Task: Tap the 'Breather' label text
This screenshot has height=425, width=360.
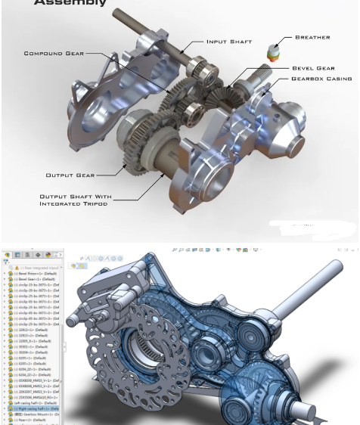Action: tap(312, 37)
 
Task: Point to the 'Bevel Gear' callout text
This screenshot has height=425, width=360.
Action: tap(313, 68)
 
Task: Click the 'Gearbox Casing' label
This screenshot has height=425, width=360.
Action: tap(321, 79)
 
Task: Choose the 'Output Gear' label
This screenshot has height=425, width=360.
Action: tap(70, 175)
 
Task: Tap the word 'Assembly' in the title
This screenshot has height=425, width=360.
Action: tap(69, 4)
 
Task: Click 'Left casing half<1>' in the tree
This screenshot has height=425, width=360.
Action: tap(33, 403)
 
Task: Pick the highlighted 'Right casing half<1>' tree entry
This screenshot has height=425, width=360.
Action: tap(35, 409)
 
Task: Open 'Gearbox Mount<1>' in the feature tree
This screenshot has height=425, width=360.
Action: tap(35, 415)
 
